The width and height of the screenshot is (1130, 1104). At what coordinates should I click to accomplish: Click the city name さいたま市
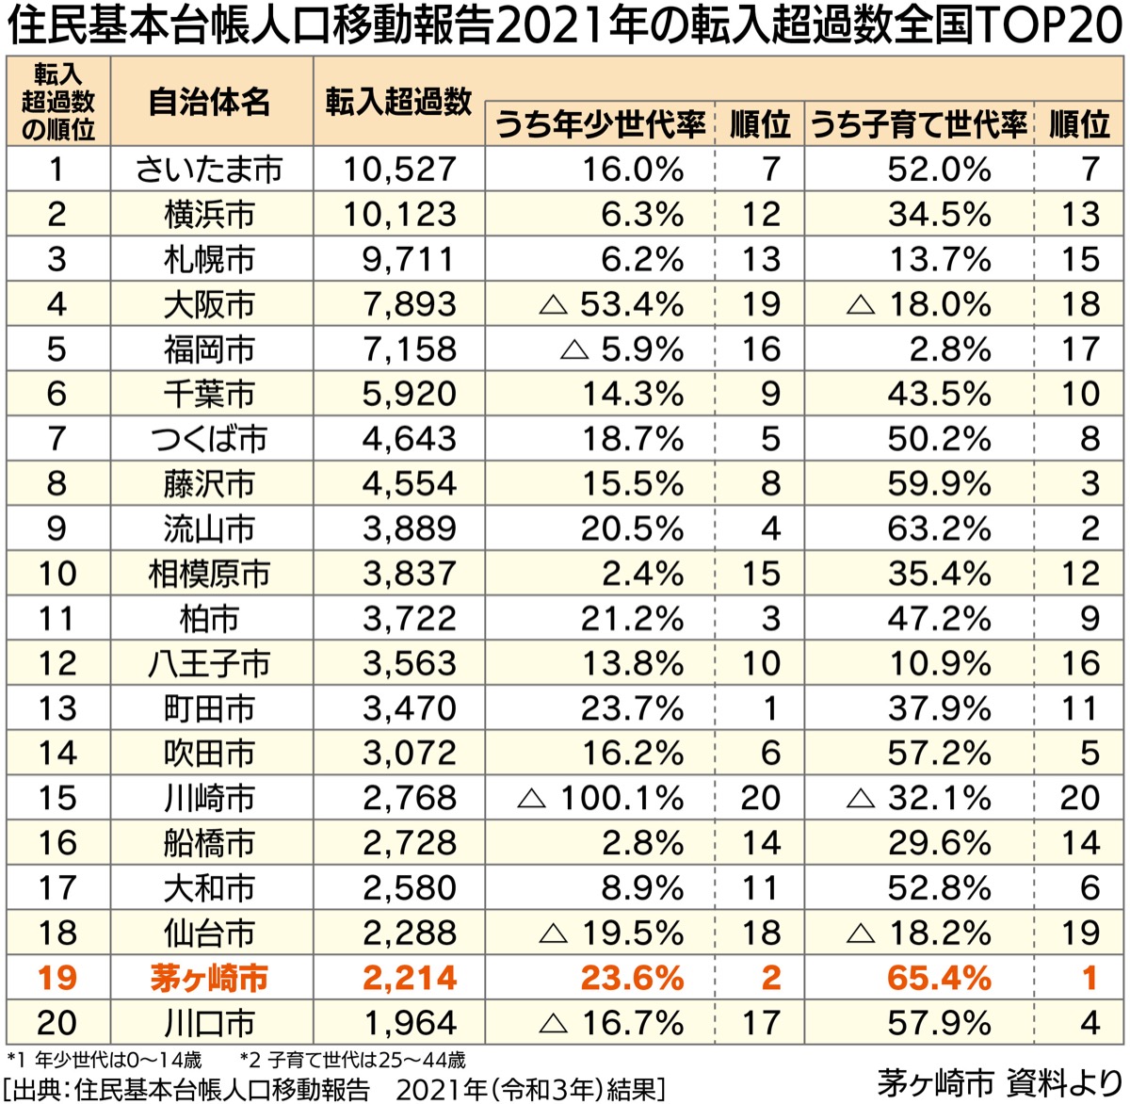coord(209,170)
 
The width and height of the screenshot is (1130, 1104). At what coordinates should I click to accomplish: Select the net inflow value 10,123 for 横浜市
coord(399,215)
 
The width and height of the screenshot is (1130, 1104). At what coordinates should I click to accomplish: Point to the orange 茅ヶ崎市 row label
coord(209,979)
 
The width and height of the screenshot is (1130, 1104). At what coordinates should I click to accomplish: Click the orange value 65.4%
coord(939,979)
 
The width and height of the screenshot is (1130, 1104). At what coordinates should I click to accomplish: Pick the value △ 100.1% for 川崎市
coord(602,799)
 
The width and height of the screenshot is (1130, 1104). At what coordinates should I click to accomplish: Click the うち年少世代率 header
coord(600,125)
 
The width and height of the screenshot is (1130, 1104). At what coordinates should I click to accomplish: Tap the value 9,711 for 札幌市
coord(409,260)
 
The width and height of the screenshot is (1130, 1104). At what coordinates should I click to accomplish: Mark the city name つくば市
coord(209,439)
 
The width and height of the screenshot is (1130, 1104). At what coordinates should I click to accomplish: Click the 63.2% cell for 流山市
coord(939,529)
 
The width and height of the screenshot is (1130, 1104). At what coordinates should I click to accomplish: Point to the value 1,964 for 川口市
coord(409,1023)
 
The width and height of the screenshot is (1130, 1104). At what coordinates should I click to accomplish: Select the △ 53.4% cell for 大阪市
coord(611,305)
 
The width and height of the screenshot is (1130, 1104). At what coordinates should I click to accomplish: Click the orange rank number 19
coord(56,979)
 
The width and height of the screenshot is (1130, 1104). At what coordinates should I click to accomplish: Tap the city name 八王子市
coord(209,664)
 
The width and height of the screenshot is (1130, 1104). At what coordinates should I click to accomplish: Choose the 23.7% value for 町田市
coord(632,708)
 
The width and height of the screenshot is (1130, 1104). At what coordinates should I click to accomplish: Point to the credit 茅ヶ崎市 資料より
coord(1000,1082)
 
